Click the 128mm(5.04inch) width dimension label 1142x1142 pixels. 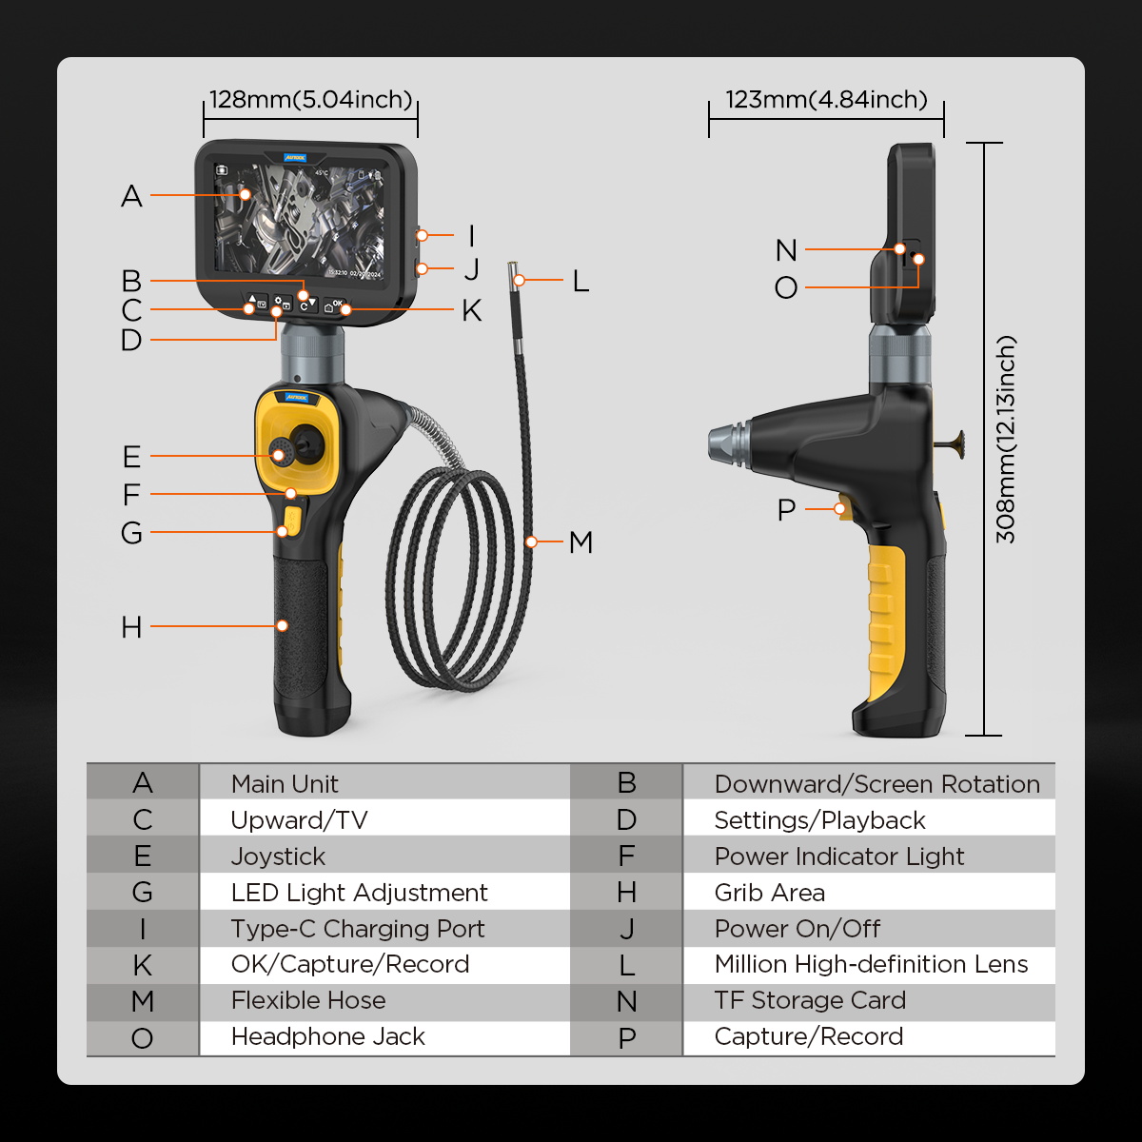(310, 100)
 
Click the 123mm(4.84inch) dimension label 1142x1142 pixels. (826, 100)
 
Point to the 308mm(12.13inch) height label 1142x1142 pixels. (1006, 440)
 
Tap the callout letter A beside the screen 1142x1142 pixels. (131, 196)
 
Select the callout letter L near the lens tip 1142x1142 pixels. (581, 281)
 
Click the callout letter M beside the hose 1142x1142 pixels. (581, 542)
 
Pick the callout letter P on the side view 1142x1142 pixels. (786, 510)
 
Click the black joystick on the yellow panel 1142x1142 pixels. (306, 444)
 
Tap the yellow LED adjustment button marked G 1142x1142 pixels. (292, 521)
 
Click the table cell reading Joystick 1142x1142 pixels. (278, 856)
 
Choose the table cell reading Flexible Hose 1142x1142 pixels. (308, 1000)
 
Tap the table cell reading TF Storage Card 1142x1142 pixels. (810, 1000)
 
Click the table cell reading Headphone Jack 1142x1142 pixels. (327, 1036)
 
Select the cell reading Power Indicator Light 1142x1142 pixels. (839, 856)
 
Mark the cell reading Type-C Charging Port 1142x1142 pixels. (358, 929)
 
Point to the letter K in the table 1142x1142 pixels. (143, 965)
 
